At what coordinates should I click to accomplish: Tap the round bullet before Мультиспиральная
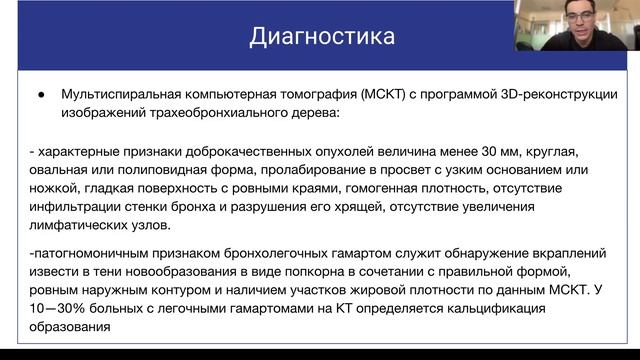coord(41,95)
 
